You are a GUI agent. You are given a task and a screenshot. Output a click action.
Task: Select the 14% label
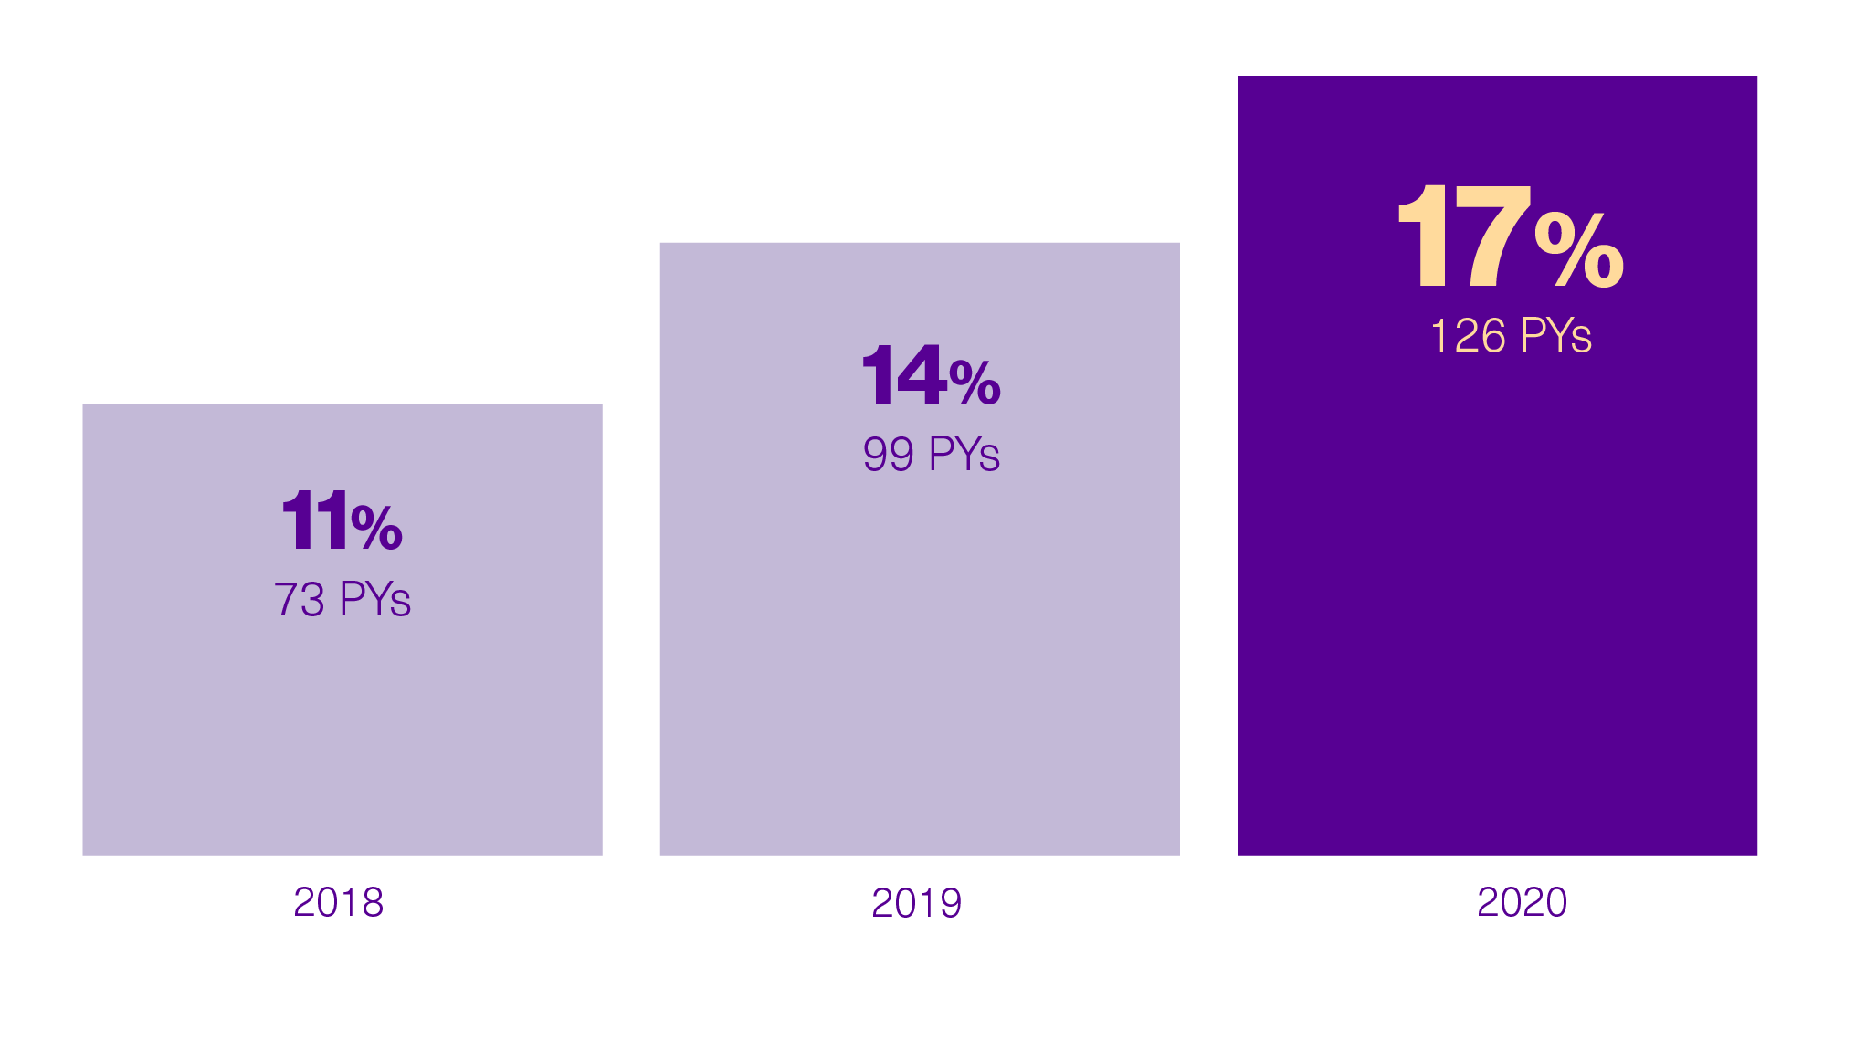click(x=931, y=375)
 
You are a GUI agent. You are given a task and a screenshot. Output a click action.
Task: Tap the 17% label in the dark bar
click(x=1510, y=237)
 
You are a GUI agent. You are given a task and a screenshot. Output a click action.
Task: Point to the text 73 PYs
click(x=342, y=600)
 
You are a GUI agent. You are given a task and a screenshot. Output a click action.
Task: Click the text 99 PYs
click(x=931, y=454)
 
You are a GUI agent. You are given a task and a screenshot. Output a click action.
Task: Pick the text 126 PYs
click(x=1510, y=336)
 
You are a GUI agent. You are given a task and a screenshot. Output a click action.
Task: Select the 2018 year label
click(x=338, y=902)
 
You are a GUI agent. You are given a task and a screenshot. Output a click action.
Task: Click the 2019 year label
click(x=916, y=902)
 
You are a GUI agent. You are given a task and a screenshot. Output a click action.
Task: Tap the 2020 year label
click(x=1522, y=902)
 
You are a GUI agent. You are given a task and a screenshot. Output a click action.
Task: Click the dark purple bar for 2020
click(x=1497, y=594)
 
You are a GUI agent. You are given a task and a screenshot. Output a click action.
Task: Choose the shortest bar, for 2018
click(x=342, y=730)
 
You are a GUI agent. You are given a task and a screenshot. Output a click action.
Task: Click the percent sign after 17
click(x=1579, y=249)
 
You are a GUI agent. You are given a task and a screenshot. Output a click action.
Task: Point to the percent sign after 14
click(x=975, y=383)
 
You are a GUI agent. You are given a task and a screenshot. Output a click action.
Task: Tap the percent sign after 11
click(x=376, y=527)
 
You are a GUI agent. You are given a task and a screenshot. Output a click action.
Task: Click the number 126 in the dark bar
click(x=1468, y=336)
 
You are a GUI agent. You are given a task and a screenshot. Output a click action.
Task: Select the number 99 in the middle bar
click(x=888, y=454)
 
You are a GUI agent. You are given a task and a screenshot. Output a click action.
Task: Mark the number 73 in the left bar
click(x=300, y=600)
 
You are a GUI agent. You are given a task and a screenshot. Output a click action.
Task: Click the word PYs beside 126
click(x=1555, y=336)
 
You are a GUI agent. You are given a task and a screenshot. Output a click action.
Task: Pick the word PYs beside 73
click(x=374, y=600)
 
